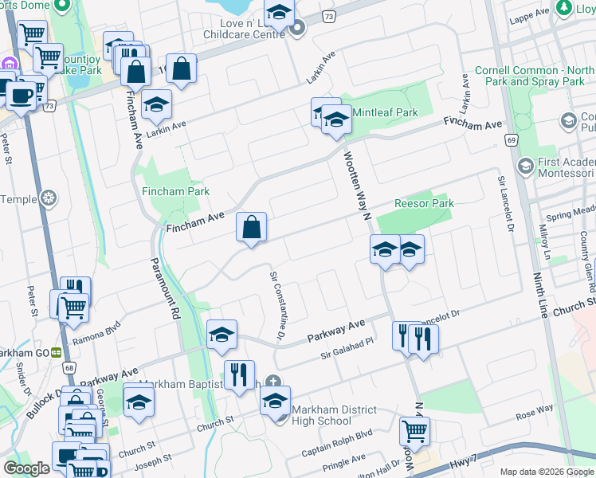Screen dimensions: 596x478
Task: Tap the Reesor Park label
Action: click(425, 203)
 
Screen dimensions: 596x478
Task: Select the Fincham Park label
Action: click(175, 191)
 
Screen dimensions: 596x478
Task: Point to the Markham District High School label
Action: click(321, 415)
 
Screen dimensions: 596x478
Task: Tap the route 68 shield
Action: click(69, 368)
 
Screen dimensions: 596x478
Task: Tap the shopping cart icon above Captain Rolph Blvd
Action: click(414, 431)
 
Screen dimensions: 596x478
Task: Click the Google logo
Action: click(26, 468)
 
